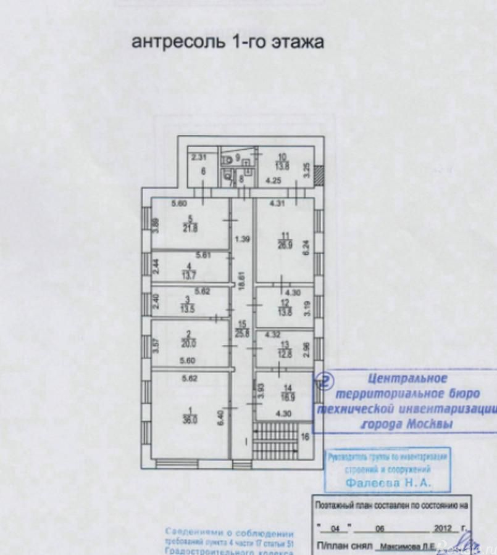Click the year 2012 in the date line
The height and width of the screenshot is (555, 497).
(443, 529)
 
